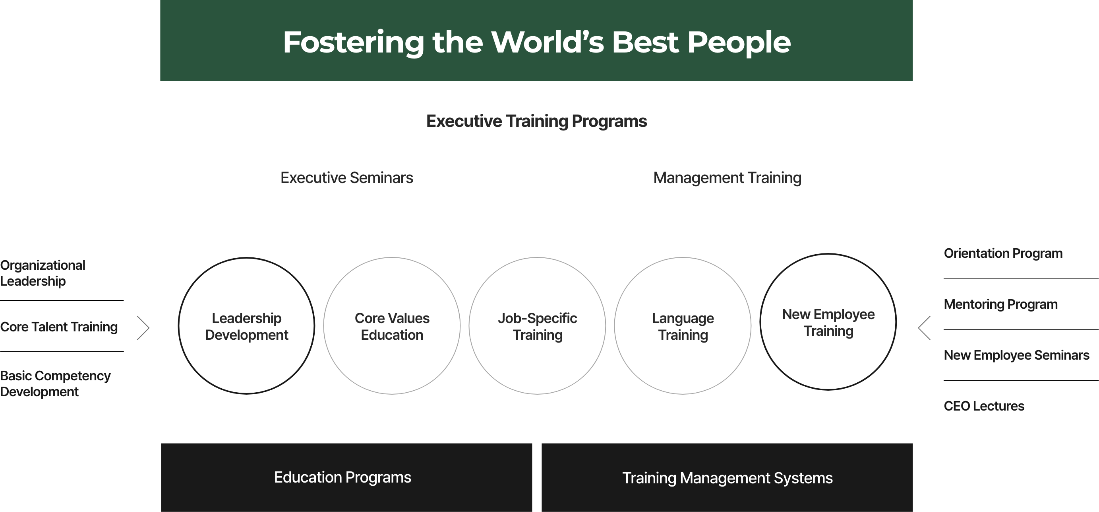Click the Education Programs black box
[346, 477]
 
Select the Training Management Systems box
[727, 477]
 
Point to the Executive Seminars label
[346, 178]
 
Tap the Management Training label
[728, 178]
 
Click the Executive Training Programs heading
[537, 121]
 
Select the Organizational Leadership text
[43, 273]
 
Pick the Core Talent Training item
[59, 327]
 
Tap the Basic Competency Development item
[56, 384]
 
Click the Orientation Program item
[1003, 253]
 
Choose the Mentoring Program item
[1000, 304]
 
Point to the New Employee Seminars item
[1016, 355]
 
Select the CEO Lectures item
[984, 406]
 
